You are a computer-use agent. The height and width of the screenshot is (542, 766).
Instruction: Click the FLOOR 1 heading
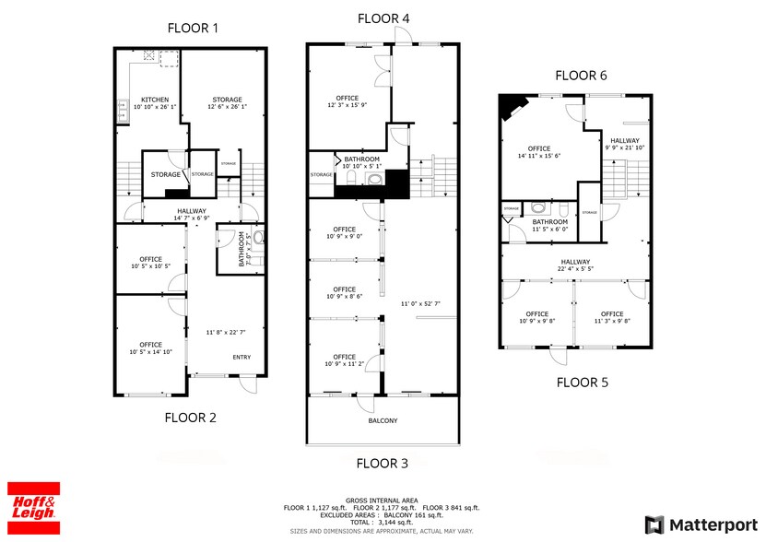tap(192, 28)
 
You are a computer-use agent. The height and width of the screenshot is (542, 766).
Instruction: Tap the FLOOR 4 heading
tap(383, 18)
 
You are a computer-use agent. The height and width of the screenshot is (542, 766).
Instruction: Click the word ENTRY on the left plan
tap(242, 358)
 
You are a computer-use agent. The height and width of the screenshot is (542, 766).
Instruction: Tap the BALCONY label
tap(383, 420)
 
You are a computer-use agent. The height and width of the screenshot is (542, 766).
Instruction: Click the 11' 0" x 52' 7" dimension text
tap(419, 303)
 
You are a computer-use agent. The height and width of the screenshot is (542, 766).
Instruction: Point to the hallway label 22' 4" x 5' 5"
tap(574, 268)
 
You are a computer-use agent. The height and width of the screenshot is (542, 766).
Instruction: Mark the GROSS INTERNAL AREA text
tap(382, 499)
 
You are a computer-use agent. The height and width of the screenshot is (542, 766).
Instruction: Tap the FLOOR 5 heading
tap(583, 382)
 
